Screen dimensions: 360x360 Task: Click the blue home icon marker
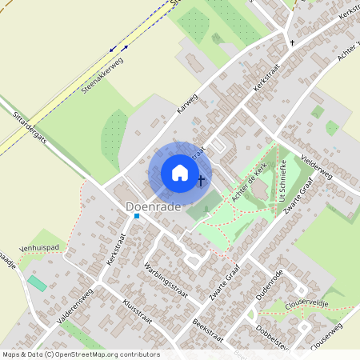[179, 173]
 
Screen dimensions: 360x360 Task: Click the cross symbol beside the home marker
[201, 181]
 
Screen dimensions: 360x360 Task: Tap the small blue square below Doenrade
[137, 216]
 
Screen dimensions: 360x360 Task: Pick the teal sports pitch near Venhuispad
[37, 283]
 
